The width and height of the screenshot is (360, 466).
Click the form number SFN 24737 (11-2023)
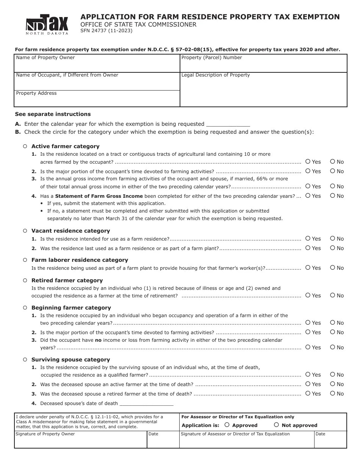click(x=106, y=31)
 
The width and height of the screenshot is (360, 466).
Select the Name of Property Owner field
click(x=97, y=65)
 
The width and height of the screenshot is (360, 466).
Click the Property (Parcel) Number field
click(x=263, y=65)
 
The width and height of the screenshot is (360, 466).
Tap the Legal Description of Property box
click(x=263, y=91)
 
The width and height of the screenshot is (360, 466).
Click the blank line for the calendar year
click(x=227, y=124)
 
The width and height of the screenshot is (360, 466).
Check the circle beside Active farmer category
click(x=25, y=146)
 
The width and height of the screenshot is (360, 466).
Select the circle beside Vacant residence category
click(x=25, y=231)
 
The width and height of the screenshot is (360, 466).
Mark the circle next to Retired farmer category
click(x=25, y=280)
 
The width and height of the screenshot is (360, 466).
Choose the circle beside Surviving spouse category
click(x=25, y=360)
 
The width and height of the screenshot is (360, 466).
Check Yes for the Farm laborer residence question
click(x=308, y=267)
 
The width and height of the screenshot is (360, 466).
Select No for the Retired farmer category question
click(x=332, y=295)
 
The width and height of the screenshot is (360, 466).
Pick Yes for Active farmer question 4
click(x=308, y=195)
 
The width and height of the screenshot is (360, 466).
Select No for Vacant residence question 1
click(x=332, y=238)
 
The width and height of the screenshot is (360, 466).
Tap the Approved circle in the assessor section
click(x=227, y=425)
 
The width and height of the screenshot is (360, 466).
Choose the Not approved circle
click(x=277, y=425)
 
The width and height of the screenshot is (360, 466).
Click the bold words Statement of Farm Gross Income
click(x=99, y=196)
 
